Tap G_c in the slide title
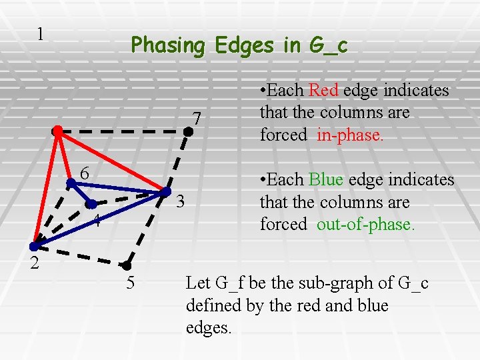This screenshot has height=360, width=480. tap(329, 45)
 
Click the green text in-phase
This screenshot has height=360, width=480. tap(350, 135)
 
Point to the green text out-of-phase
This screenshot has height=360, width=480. tap(365, 225)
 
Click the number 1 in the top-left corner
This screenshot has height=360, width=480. tap(41, 34)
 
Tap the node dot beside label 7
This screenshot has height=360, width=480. tap(189, 132)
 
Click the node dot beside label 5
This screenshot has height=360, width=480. tap(125, 265)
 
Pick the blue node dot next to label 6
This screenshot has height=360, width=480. tap(70, 181)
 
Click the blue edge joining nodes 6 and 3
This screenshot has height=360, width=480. tap(117, 187)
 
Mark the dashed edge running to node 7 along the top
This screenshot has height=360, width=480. tap(123, 132)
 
